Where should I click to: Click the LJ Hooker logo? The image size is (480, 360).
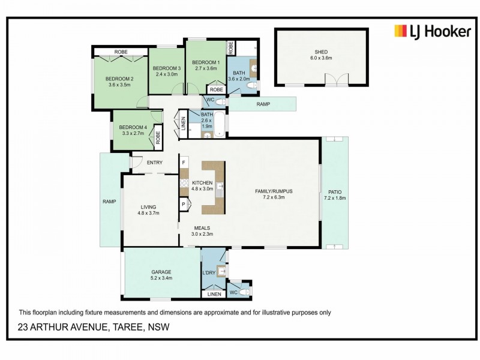pos(432,32)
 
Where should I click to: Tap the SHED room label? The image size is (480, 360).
pos(321,52)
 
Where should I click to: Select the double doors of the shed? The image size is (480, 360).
pos(337,79)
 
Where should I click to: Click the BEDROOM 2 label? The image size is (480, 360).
pos(119,79)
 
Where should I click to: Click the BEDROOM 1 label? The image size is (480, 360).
pos(206,62)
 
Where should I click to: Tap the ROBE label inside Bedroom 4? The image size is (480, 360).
pos(158,137)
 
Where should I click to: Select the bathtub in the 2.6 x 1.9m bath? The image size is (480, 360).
pos(219,124)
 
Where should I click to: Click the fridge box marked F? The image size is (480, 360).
pos(184,162)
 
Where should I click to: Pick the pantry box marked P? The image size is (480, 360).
pos(184,204)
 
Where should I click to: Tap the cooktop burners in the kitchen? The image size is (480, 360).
pos(184,183)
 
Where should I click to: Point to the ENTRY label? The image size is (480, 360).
pos(155,163)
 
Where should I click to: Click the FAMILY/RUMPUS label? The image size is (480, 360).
pos(274,191)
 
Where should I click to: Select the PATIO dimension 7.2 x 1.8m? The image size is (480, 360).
pos(335,198)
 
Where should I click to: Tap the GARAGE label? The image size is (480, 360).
pos(161,272)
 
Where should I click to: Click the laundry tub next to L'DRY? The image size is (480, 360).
pos(221,271)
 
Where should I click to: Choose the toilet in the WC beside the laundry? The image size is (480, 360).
pos(245,292)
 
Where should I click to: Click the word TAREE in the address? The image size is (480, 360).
pos(128,327)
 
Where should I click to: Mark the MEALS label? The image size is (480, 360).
pos(202,228)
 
